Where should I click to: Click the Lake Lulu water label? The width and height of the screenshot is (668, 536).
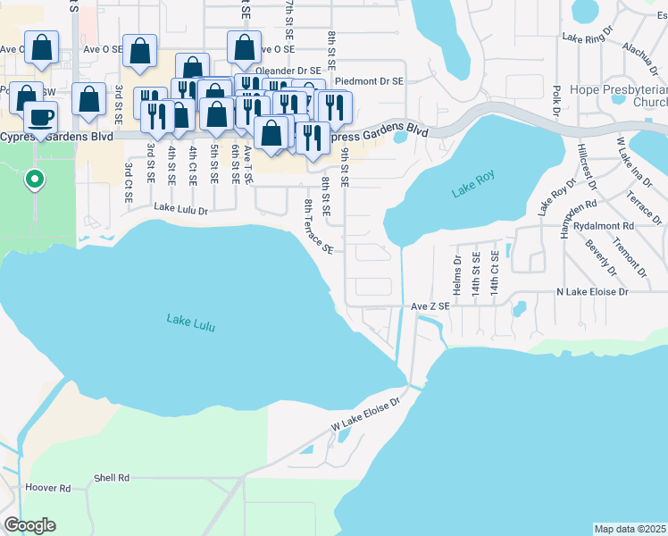pos(191,323)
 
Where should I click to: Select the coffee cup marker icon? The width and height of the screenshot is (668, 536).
pos(39,116)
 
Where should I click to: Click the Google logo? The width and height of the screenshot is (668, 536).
pos(29,525)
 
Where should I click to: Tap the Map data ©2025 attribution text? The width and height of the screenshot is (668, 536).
pos(630,529)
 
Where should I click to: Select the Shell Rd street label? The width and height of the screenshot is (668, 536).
pos(112,479)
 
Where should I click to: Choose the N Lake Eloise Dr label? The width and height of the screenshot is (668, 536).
pos(592,292)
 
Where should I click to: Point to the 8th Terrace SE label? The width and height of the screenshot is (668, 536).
pos(318,227)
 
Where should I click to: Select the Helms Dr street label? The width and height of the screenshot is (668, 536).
pos(456,276)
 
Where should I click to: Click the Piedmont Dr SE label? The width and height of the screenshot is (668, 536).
pos(367,80)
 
